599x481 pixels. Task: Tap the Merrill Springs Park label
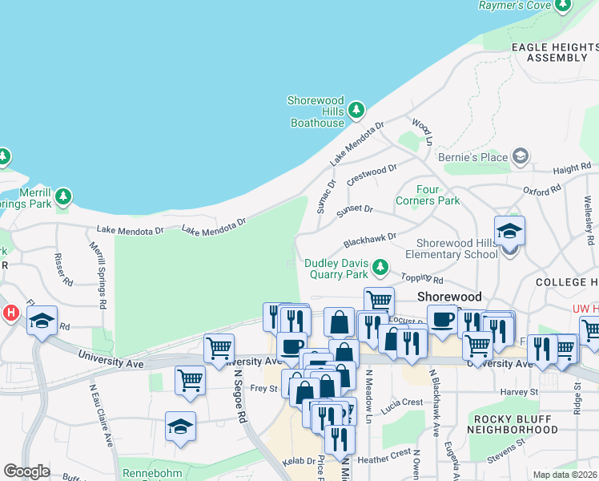click(26, 199)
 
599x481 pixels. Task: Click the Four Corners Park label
click(428, 195)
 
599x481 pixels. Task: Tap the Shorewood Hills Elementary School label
click(457, 249)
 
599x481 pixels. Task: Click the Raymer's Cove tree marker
click(563, 6)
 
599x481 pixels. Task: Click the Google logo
click(26, 471)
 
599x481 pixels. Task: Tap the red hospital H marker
click(10, 312)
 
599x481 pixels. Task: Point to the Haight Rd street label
click(572, 168)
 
